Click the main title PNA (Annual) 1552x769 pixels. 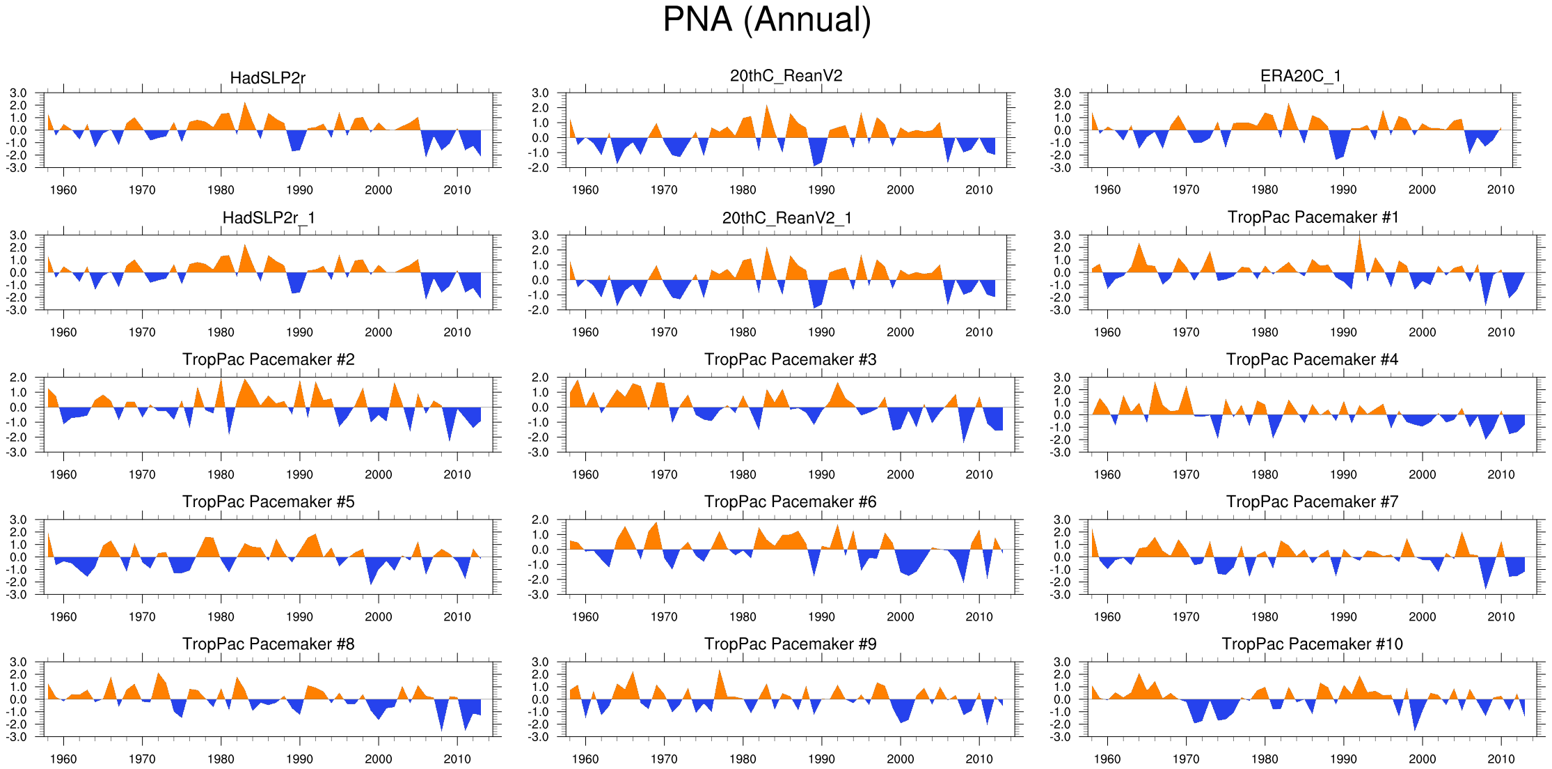[x=767, y=20]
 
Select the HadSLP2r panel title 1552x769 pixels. [x=268, y=78]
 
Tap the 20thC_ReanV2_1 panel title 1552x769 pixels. [x=787, y=218]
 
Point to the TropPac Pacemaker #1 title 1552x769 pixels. [x=1313, y=217]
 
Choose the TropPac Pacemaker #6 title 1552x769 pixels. [x=790, y=502]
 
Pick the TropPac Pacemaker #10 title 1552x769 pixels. [x=1312, y=644]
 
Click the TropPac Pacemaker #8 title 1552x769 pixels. [x=268, y=644]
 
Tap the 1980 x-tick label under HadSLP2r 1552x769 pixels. [x=221, y=190]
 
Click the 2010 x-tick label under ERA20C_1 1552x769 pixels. [x=1500, y=189]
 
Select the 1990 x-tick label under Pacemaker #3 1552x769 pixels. [x=821, y=474]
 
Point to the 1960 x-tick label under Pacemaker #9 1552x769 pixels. [x=585, y=759]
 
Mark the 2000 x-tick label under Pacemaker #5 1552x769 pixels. [x=378, y=616]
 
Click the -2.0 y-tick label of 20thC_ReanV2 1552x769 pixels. [x=540, y=168]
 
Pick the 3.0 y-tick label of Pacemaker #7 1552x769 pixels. [x=1062, y=520]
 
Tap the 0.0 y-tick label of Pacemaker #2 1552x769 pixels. [x=18, y=407]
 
